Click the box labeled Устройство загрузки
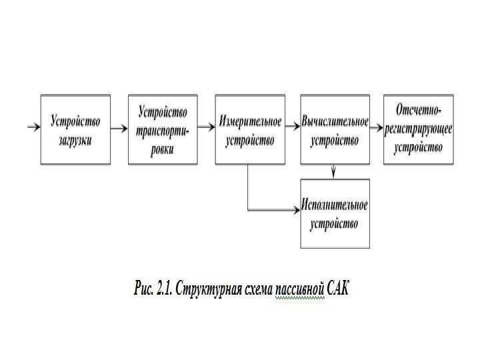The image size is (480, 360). coord(75,129)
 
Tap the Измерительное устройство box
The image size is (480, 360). coord(249,129)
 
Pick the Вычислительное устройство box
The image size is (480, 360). coord(335,129)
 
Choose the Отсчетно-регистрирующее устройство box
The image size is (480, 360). coord(418,129)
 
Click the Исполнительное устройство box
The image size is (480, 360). coord(335,214)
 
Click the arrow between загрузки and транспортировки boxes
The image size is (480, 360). coord(118,126)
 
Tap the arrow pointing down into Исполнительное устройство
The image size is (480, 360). coord(334,171)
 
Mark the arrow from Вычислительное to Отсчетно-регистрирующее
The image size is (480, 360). coord(376,126)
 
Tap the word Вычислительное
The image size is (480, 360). coord(335,122)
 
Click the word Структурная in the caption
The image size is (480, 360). coord(208,289)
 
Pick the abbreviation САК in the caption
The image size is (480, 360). coord(337,289)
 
